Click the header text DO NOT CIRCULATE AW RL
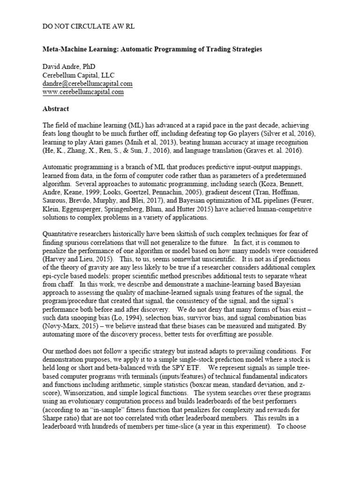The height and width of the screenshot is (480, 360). tap(89, 27)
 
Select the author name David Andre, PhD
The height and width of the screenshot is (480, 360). tap(69, 67)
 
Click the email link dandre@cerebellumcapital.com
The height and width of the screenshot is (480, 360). tap(88, 84)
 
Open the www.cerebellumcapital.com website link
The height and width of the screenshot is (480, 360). tap(83, 92)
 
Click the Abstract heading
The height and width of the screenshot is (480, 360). tap(56, 109)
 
